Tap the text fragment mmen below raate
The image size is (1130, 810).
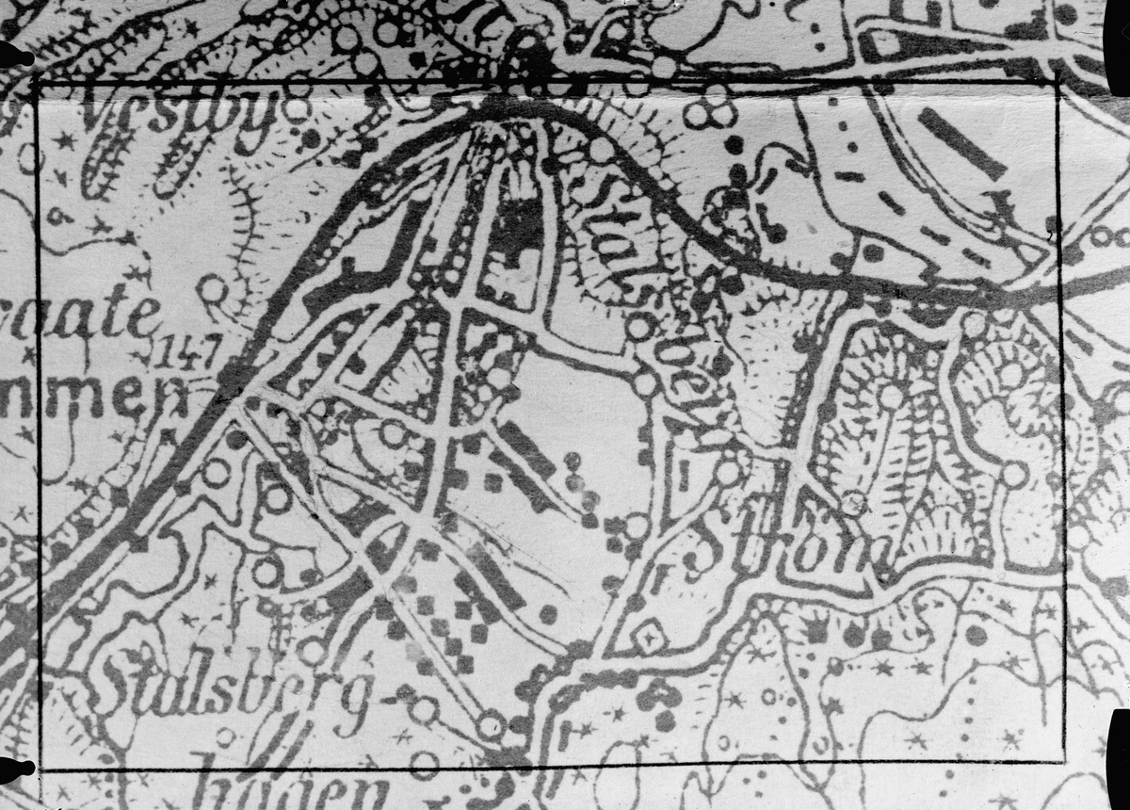pyautogui.click(x=80, y=397)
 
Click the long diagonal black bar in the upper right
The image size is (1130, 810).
pyautogui.click(x=960, y=142)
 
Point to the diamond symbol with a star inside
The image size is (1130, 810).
pyautogui.click(x=649, y=638)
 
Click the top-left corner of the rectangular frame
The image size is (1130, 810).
pyautogui.click(x=38, y=84)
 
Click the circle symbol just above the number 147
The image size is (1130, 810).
pyautogui.click(x=212, y=288)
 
